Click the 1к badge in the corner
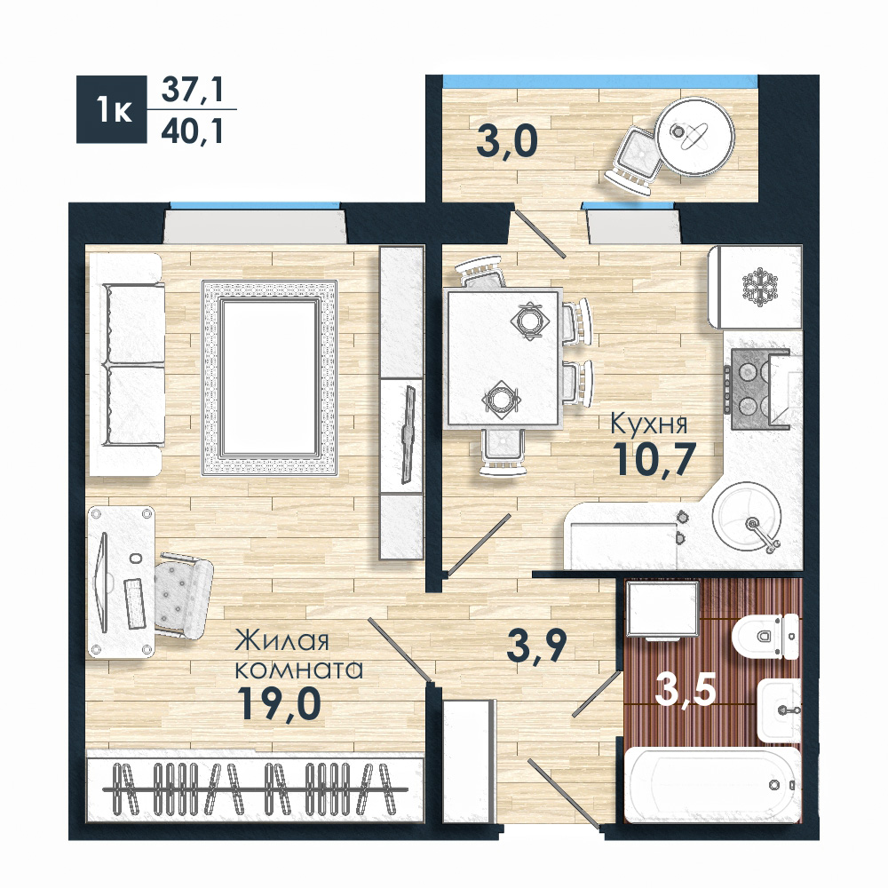pyautogui.click(x=112, y=109)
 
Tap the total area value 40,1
pyautogui.click(x=193, y=132)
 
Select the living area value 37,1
pyautogui.click(x=193, y=91)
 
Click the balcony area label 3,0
pyautogui.click(x=507, y=141)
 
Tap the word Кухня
pyautogui.click(x=648, y=424)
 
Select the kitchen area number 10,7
pyautogui.click(x=655, y=459)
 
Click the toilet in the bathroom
pyautogui.click(x=765, y=637)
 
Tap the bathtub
pyautogui.click(x=712, y=784)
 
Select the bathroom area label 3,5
pyautogui.click(x=686, y=689)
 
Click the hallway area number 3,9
pyautogui.click(x=536, y=646)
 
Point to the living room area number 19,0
pyautogui.click(x=279, y=702)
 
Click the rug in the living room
pyautogui.click(x=270, y=377)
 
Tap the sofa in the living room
pyautogui.click(x=126, y=364)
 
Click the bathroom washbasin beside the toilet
pyautogui.click(x=780, y=710)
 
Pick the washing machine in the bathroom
pyautogui.click(x=662, y=609)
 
